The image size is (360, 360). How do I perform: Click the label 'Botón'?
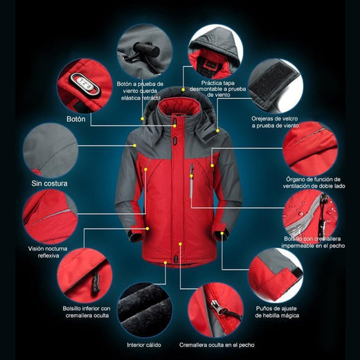[x=76, y=119]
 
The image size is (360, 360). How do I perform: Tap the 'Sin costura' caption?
[x=49, y=183]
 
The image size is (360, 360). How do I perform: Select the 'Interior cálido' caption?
[x=144, y=345]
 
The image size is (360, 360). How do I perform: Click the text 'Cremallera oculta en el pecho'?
[x=217, y=345]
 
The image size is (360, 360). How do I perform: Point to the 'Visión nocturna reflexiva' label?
[x=48, y=252]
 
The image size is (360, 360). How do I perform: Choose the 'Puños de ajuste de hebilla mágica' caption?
[x=277, y=312]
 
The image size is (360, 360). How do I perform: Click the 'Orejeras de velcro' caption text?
[x=275, y=118]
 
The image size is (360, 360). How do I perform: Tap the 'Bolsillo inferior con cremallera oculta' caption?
[x=87, y=312]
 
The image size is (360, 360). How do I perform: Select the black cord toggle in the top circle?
[x=147, y=49]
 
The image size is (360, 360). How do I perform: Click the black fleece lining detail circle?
[x=145, y=309]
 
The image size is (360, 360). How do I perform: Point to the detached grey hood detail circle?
[x=215, y=52]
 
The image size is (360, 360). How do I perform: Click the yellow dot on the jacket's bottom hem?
[x=165, y=262]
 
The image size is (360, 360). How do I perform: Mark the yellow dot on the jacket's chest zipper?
[x=191, y=176]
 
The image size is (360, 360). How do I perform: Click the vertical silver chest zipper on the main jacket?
[x=191, y=181]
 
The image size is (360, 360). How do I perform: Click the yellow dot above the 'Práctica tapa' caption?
[x=183, y=89]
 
